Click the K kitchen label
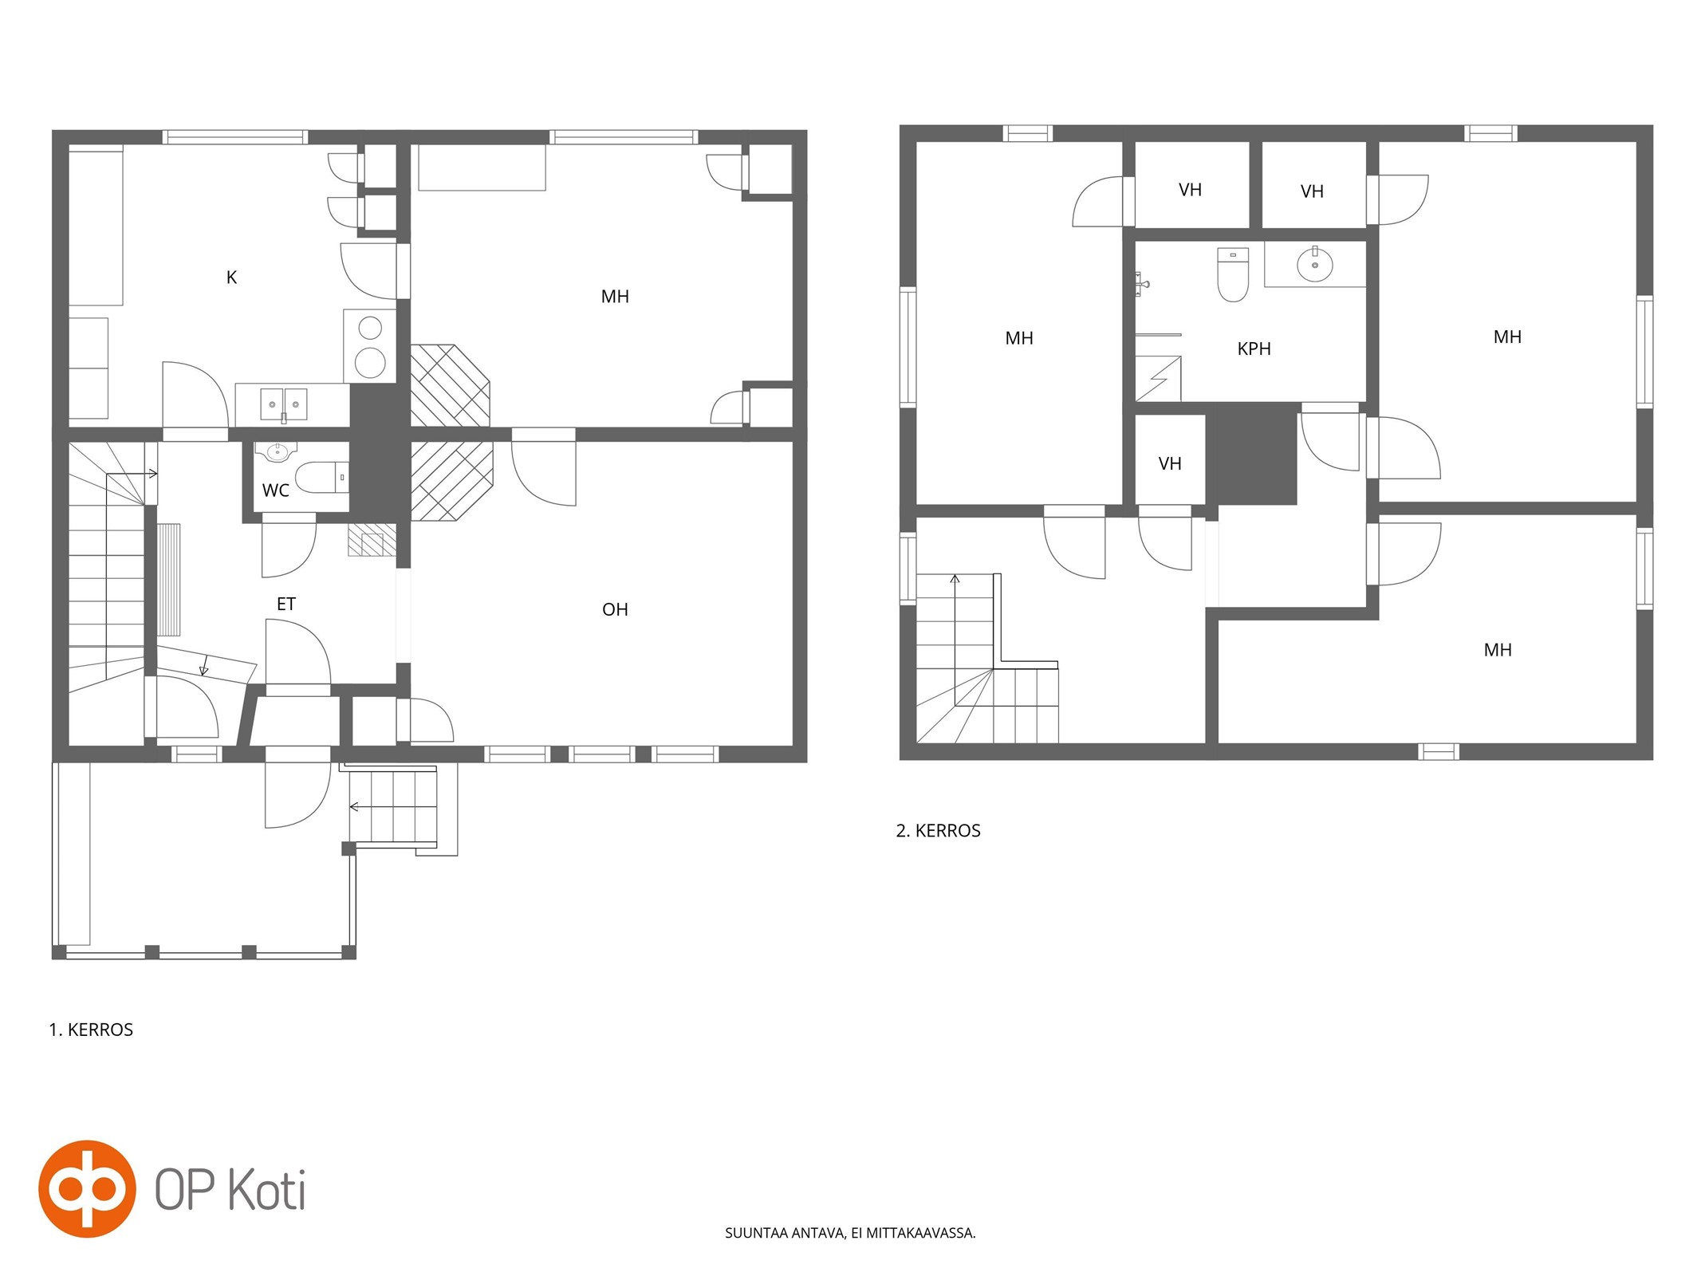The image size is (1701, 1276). pos(231,278)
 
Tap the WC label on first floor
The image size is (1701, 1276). pos(275,490)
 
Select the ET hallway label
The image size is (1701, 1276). pos(285,605)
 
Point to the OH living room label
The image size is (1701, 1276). pos(615,610)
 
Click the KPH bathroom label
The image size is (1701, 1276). pos(1254,349)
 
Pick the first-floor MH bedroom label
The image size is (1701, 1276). pos(615,297)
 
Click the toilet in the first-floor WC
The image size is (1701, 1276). pos(322,477)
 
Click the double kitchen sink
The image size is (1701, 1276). pos(284,404)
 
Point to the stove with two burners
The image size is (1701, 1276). pos(370,346)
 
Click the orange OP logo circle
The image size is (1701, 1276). pos(87,1189)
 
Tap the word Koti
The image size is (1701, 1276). pos(267,1190)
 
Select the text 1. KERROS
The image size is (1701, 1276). pos(91,1030)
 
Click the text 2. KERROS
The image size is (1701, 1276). pos(938,831)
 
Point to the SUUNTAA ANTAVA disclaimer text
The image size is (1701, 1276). pos(850,1233)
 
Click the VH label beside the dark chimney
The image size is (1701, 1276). pos(1170,464)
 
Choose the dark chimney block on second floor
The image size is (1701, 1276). pos(1251,454)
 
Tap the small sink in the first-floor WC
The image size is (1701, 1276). pos(276,452)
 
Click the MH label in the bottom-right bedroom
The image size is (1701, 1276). pos(1498,651)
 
